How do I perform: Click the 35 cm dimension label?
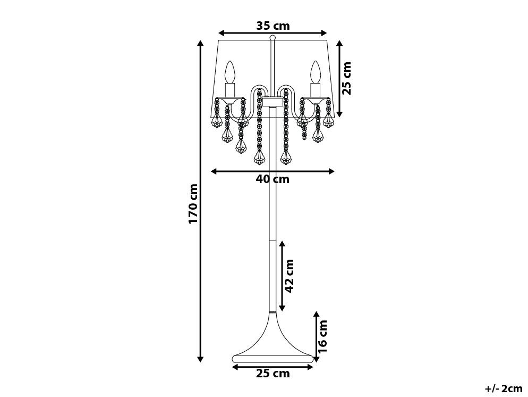[x=272, y=26]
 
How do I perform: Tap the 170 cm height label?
[x=193, y=203]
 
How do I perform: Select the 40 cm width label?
[x=272, y=179]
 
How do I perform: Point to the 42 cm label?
[x=289, y=276]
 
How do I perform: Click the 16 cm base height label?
[x=322, y=336]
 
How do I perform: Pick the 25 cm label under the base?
[x=272, y=374]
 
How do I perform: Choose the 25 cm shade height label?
[x=346, y=78]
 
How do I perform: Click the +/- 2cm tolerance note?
[x=504, y=388]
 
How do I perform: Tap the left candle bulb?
[x=229, y=71]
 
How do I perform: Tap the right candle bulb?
[x=316, y=71]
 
